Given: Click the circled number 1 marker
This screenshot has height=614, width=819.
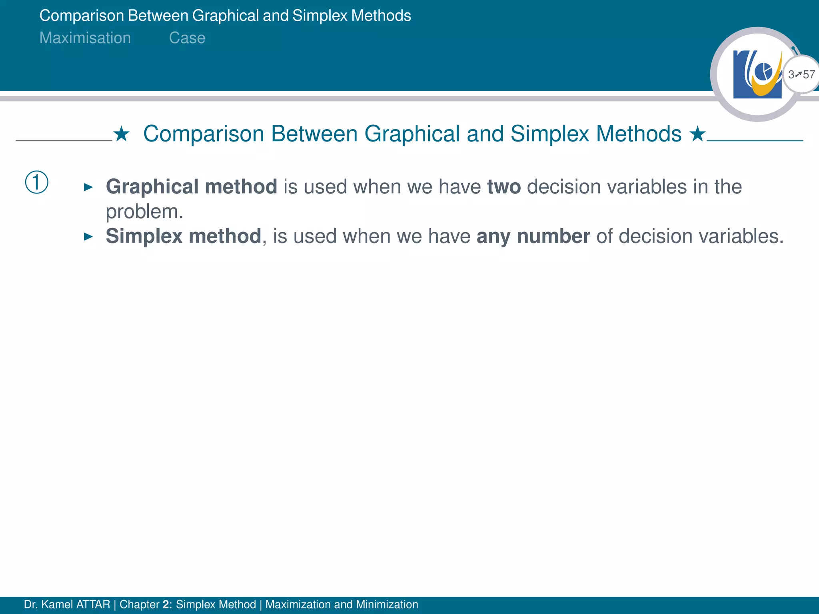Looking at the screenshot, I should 37,182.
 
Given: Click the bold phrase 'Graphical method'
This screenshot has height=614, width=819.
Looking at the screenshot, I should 191,187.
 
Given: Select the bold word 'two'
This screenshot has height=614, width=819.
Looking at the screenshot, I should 503,187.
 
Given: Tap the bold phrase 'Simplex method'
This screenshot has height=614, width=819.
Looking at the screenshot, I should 183,236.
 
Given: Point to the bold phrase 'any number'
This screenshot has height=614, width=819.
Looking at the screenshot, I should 533,236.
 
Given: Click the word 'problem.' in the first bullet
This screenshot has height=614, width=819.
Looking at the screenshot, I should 144,211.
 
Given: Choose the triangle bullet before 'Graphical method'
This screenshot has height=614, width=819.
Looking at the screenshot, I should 88,187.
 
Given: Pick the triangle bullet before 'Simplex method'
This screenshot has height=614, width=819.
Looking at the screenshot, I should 88,237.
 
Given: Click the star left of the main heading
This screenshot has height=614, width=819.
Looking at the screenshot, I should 121,134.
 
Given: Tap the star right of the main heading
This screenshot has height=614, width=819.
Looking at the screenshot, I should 697,134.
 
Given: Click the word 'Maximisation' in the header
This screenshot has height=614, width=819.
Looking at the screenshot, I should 85,38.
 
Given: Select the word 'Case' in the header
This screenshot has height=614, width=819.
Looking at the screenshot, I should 187,38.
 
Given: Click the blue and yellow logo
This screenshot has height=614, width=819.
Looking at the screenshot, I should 757,74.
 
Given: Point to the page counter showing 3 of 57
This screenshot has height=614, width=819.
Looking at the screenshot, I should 801,75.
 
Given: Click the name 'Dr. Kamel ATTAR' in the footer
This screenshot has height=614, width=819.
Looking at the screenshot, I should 67,604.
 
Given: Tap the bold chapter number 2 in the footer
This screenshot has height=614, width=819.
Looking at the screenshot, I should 166,604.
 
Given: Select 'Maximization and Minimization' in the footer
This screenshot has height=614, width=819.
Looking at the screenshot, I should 342,604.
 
